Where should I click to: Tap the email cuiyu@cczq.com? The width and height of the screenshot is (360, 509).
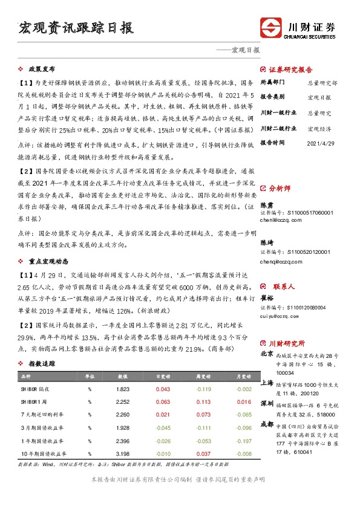280,315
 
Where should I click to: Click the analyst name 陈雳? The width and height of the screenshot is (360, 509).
267,205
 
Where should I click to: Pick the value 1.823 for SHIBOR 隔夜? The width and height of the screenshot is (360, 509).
122,389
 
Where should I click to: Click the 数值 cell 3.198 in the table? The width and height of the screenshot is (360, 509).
122,453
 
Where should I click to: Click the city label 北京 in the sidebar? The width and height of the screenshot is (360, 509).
266,353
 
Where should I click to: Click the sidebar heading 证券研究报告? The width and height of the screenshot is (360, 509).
290,69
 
